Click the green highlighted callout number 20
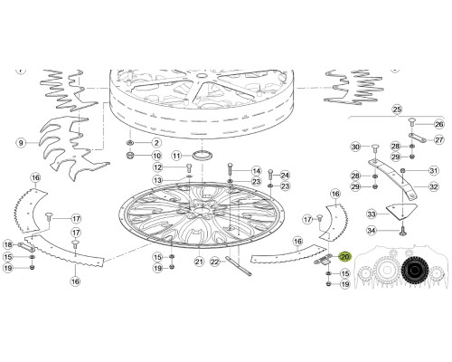344,257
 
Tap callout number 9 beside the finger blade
21,143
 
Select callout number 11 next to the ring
176,156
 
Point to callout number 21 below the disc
199,262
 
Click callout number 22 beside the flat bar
214,262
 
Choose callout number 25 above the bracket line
397,109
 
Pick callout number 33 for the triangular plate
372,214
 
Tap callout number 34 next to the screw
372,231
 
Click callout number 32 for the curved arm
434,187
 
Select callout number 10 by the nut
156,156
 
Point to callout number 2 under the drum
156,143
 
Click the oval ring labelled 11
202,155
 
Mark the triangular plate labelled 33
401,211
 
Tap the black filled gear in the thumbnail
415,271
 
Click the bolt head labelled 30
375,148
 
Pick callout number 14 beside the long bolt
257,171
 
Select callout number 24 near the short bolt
285,175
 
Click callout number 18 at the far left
8,244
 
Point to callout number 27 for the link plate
439,140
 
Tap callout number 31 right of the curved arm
434,171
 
